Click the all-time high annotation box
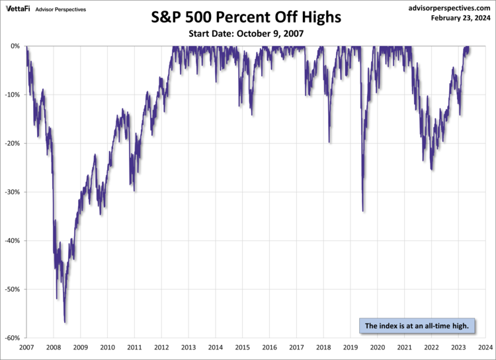[x=417, y=326]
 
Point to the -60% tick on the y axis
[x=14, y=338]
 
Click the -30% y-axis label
[x=14, y=192]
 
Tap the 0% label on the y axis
[x=17, y=46]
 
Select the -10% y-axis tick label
[x=14, y=95]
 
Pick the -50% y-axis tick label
[x=14, y=289]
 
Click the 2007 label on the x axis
[x=26, y=347]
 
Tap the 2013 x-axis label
[x=188, y=347]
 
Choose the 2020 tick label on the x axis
[x=377, y=347]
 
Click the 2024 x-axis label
[x=485, y=347]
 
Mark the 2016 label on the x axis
[x=269, y=347]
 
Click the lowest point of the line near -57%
[x=65, y=322]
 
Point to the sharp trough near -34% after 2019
[x=363, y=211]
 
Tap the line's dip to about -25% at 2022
[x=432, y=169]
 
